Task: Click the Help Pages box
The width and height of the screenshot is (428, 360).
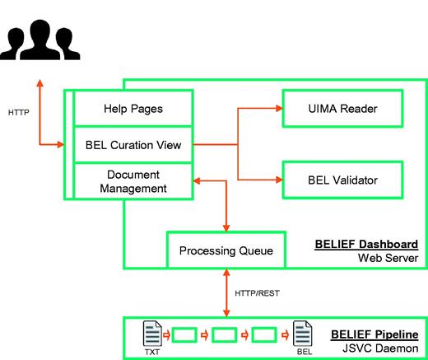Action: (x=133, y=108)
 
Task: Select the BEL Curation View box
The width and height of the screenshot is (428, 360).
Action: (x=133, y=145)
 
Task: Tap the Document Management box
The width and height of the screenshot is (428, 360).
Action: (x=133, y=181)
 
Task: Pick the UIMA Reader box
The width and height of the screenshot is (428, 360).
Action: (x=342, y=108)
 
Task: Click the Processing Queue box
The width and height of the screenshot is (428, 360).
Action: (x=226, y=250)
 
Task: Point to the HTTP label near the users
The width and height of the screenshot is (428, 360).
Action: (x=20, y=111)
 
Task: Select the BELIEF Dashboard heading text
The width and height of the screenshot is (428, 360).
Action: (x=366, y=245)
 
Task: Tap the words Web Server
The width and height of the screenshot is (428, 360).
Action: (x=388, y=259)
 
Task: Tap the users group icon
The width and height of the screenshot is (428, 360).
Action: (x=38, y=41)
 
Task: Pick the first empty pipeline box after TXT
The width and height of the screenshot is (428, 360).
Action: (x=186, y=335)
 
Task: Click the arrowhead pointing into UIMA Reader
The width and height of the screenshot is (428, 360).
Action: (x=277, y=108)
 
